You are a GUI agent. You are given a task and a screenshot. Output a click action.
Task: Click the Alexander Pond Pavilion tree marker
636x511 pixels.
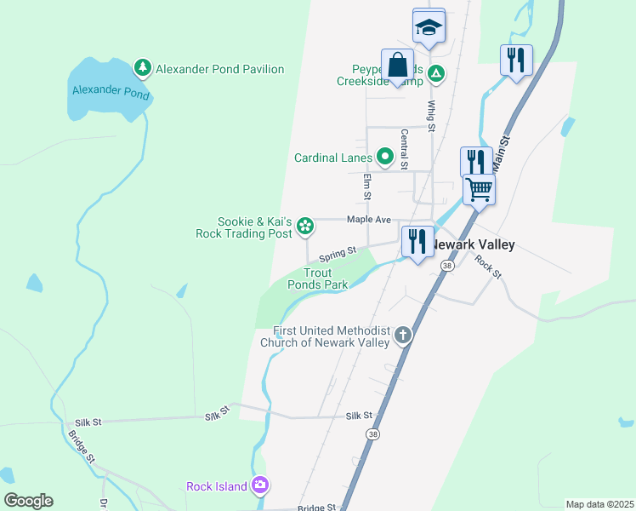(x=143, y=67)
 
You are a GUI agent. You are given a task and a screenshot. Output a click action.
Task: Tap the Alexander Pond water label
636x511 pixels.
(x=111, y=91)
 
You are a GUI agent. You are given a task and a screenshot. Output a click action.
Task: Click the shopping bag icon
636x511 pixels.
(x=397, y=65)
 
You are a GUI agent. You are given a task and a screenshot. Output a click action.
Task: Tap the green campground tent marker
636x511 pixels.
(x=435, y=74)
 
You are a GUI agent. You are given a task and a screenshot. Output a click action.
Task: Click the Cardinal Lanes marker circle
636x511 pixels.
(x=384, y=157)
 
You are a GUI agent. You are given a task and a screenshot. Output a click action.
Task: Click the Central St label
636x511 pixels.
(x=405, y=150)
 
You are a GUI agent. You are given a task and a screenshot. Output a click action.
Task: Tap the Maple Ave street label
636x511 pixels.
(x=369, y=220)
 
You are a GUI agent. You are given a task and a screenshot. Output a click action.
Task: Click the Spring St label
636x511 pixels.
(x=338, y=254)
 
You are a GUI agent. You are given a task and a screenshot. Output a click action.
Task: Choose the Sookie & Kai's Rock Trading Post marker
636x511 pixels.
(x=305, y=226)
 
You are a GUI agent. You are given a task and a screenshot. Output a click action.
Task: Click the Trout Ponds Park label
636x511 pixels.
(x=319, y=278)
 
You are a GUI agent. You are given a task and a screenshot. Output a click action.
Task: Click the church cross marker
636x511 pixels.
(x=403, y=336)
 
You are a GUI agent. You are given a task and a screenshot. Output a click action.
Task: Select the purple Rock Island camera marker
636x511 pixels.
(x=260, y=485)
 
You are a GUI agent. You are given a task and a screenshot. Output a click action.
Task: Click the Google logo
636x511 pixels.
(x=28, y=501)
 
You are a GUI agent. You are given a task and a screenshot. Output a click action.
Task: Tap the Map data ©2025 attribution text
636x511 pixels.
(x=599, y=504)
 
